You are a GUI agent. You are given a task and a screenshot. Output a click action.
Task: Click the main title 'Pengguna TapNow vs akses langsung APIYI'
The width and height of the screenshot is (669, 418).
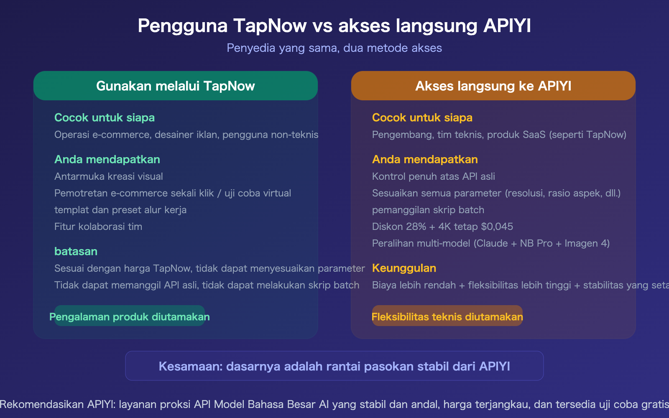click(334, 26)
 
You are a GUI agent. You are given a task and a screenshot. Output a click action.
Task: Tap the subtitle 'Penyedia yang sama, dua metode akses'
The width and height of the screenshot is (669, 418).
click(334, 48)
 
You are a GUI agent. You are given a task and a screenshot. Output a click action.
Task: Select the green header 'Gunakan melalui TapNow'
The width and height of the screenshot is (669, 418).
click(176, 86)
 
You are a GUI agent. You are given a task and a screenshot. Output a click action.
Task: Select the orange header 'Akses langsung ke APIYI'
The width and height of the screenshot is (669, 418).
click(493, 86)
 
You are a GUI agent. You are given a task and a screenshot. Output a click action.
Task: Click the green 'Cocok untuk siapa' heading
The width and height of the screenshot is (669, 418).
click(105, 117)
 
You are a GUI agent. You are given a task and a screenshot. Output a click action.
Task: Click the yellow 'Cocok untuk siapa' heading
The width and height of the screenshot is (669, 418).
click(422, 117)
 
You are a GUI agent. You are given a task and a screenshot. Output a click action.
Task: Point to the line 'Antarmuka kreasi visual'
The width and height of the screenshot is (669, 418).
click(109, 176)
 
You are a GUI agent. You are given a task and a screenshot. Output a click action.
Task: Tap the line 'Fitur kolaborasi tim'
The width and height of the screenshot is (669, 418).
click(98, 227)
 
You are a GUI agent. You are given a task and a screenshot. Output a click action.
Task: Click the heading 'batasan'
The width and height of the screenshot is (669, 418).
click(76, 251)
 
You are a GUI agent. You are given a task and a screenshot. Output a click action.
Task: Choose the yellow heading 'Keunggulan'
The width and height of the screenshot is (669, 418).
click(404, 268)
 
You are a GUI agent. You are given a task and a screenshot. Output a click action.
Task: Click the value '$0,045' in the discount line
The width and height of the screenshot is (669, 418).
click(497, 227)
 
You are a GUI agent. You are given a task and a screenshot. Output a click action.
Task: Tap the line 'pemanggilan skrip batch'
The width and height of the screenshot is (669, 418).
click(428, 210)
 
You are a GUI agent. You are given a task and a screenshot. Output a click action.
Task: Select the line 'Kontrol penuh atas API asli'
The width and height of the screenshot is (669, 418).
click(434, 176)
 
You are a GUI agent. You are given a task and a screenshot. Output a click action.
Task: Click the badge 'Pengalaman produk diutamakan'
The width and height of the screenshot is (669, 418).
click(130, 317)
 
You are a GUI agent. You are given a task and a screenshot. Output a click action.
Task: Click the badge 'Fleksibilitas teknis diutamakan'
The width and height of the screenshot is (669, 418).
click(447, 317)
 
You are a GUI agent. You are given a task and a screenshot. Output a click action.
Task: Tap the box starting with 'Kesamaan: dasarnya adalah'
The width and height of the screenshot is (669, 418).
click(334, 366)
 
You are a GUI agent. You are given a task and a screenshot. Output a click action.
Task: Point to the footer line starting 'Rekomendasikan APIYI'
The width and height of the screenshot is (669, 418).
click(334, 404)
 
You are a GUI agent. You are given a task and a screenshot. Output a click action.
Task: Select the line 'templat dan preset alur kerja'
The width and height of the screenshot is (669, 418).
click(120, 210)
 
